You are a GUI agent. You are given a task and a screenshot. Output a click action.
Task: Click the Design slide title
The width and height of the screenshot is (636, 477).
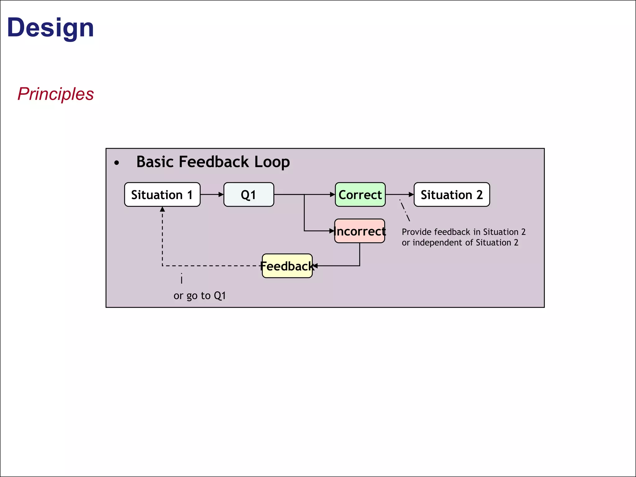point(50,28)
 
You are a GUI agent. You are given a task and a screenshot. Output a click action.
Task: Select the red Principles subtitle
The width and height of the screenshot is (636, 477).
point(56,94)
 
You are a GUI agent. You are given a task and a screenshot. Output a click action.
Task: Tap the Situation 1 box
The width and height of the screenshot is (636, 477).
point(162,195)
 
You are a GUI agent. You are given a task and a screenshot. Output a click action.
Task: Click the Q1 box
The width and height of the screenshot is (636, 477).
point(248,195)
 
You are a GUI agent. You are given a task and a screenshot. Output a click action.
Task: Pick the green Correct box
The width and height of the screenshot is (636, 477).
point(360,195)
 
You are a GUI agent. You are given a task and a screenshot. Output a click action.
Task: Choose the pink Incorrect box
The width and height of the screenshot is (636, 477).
point(360,231)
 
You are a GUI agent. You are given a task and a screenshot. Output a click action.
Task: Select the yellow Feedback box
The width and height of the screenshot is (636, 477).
point(287,266)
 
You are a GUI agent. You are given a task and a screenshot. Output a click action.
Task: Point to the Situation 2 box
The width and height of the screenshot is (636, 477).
point(452,195)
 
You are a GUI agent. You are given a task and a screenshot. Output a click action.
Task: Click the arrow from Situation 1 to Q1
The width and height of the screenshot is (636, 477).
point(211,195)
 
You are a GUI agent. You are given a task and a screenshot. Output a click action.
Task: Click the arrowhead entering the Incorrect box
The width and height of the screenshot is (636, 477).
point(332,231)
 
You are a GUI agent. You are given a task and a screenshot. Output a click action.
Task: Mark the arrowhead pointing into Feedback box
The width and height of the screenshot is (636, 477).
point(315,266)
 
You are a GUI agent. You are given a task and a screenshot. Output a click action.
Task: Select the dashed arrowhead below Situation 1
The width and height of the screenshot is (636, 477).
point(162,210)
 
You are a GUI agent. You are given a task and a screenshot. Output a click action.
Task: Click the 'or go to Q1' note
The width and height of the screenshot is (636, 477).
point(199,296)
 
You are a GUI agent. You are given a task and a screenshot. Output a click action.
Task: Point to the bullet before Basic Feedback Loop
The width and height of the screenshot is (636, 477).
point(116,163)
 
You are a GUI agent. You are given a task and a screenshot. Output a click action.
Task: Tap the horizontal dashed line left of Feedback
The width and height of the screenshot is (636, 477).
point(211,266)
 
